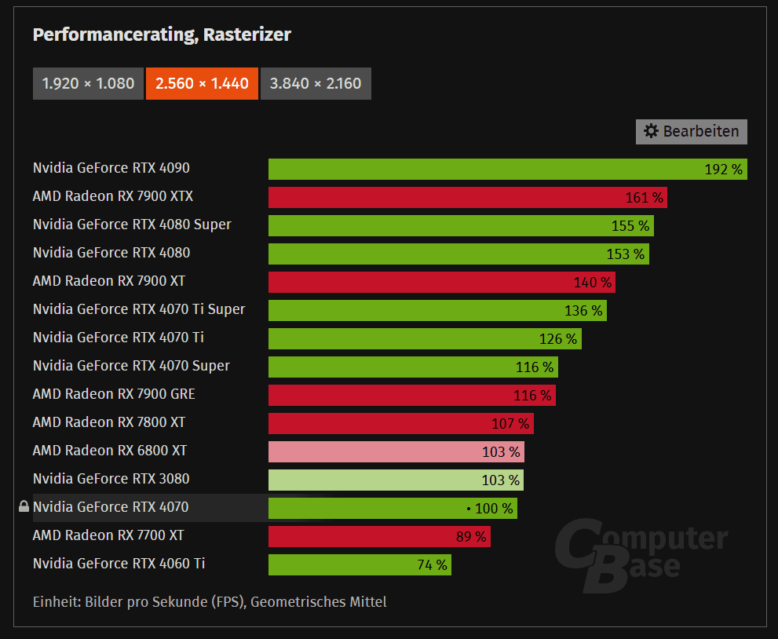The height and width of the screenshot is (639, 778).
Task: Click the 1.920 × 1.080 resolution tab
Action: [88, 83]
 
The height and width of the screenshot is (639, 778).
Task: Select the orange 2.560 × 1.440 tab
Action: [202, 83]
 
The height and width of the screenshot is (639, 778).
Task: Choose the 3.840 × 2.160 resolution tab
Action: [316, 83]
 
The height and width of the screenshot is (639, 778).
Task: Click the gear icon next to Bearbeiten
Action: [651, 131]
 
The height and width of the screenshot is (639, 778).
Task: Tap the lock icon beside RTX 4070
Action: [24, 507]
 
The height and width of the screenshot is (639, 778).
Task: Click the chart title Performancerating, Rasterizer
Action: [162, 35]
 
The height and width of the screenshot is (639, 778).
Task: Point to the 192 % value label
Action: [723, 170]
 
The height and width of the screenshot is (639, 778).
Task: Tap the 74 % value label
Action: [431, 565]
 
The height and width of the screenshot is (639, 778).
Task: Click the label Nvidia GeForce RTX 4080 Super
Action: [132, 225]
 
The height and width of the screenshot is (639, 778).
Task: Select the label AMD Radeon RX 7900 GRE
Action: [114, 394]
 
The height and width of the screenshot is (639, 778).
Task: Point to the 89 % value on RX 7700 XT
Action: [470, 537]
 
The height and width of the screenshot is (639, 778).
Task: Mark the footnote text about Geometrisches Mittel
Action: [210, 602]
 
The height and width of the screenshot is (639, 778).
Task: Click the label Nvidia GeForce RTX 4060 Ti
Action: [119, 564]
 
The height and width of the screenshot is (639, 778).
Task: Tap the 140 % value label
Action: [593, 283]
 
